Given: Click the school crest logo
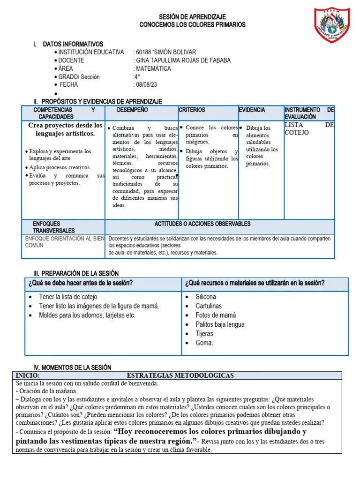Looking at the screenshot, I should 332,25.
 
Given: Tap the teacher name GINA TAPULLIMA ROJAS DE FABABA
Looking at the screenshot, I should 182,60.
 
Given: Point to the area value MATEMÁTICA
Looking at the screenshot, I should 153,68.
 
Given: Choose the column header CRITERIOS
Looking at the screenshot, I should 192,110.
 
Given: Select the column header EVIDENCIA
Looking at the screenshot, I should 252,110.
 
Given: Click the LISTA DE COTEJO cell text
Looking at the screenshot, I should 309,129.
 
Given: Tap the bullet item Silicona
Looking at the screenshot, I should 206,297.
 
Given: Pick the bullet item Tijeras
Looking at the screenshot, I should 204,334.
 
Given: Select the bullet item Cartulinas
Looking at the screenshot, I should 209,306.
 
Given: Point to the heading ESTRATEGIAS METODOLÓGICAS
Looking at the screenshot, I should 180,375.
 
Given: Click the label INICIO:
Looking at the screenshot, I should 28,375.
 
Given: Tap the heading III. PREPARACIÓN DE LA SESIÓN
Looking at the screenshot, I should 75,273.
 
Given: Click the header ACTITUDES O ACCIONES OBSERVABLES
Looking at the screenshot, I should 202,224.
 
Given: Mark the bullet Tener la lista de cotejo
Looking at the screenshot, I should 68,297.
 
